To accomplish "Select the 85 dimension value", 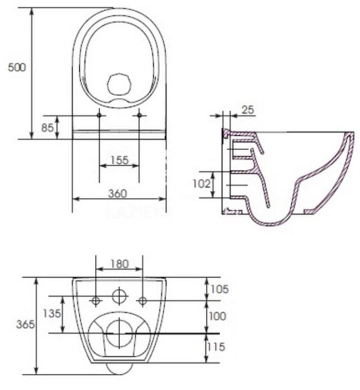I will [47, 127].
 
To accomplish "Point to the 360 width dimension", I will [117, 193].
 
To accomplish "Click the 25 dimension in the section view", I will [248, 110].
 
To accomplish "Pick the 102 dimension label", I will [202, 183].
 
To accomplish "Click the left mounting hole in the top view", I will [100, 116].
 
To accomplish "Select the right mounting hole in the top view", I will [139, 116].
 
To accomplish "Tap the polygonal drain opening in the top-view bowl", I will [119, 85].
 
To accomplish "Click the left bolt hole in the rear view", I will [96, 301].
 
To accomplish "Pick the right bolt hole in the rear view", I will [143, 301].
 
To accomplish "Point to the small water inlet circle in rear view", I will [119, 296].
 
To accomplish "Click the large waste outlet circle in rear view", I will [119, 332].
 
